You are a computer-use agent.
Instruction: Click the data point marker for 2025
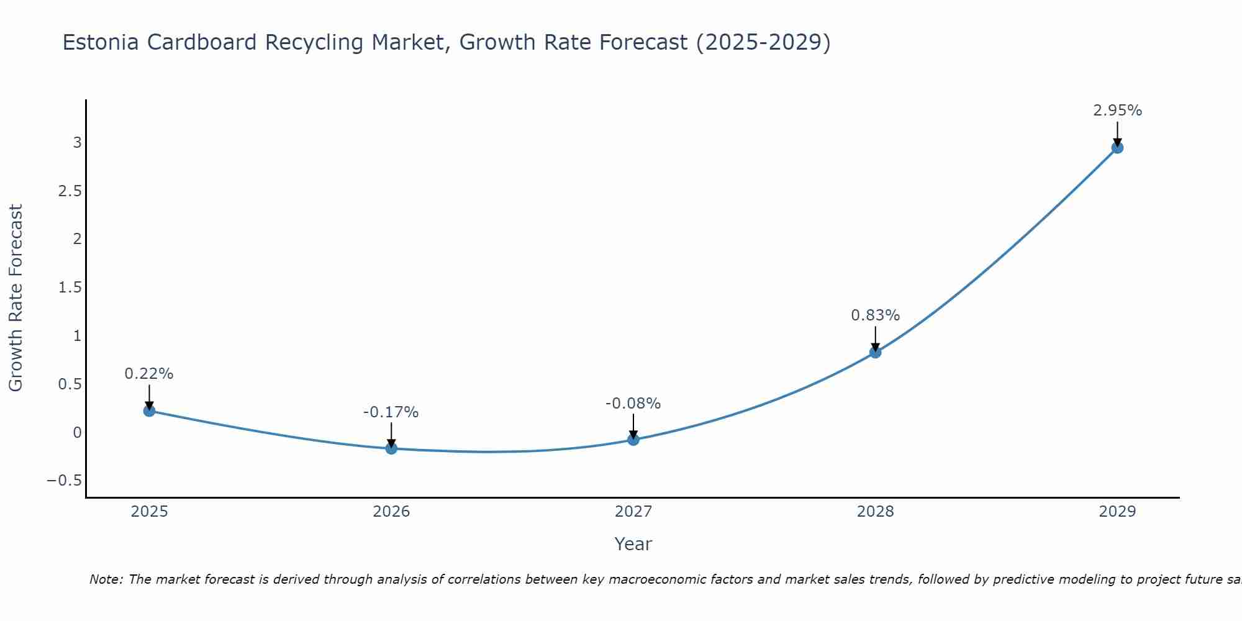tap(149, 410)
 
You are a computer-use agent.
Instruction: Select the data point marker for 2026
tap(391, 448)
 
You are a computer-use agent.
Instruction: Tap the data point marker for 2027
tap(633, 440)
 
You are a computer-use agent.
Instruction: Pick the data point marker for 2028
tap(876, 352)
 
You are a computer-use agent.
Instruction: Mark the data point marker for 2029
tap(1117, 147)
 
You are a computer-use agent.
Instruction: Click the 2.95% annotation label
tap(1117, 111)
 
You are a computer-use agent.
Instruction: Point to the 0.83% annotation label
tap(875, 315)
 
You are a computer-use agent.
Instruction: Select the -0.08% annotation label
tap(633, 404)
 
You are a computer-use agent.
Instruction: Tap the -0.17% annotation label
tap(391, 412)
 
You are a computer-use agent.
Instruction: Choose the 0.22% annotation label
tap(149, 374)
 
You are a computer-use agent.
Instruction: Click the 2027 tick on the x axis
tap(633, 512)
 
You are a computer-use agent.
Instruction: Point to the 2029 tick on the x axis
tap(1117, 512)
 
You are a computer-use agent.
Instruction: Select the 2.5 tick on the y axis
tap(70, 191)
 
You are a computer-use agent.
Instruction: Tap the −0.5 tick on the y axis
tap(65, 481)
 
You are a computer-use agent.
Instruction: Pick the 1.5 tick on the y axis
tap(70, 288)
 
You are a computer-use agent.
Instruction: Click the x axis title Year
tap(633, 544)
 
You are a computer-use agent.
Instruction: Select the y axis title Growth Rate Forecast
tap(16, 298)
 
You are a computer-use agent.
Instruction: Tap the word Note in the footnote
tap(106, 580)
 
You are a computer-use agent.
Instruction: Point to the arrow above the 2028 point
tap(876, 338)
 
